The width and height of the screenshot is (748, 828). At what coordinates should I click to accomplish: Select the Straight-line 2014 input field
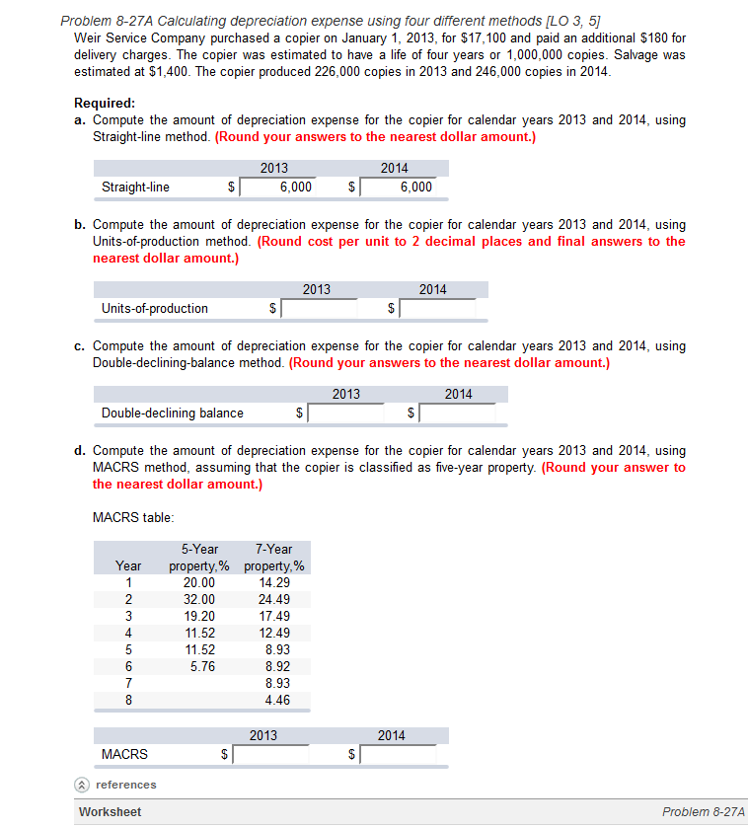point(397,187)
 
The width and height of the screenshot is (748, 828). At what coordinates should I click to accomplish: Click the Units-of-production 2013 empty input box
point(320,308)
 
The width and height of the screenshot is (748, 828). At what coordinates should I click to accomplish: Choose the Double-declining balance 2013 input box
point(347,413)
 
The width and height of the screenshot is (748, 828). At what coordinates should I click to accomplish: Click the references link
point(125,785)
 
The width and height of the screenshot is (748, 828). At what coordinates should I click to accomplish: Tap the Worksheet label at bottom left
point(110,811)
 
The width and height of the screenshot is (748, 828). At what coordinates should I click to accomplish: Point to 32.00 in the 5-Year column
point(199,599)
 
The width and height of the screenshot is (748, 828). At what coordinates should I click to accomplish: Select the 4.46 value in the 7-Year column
point(277,700)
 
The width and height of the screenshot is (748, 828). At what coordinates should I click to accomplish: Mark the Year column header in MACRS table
point(128,565)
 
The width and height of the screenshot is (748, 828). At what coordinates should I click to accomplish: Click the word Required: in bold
point(106,103)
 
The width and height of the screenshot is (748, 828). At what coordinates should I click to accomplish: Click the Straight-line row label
point(135,187)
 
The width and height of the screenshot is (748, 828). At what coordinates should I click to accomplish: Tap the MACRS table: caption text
point(133,516)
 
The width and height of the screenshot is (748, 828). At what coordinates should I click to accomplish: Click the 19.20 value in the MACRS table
point(199,616)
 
